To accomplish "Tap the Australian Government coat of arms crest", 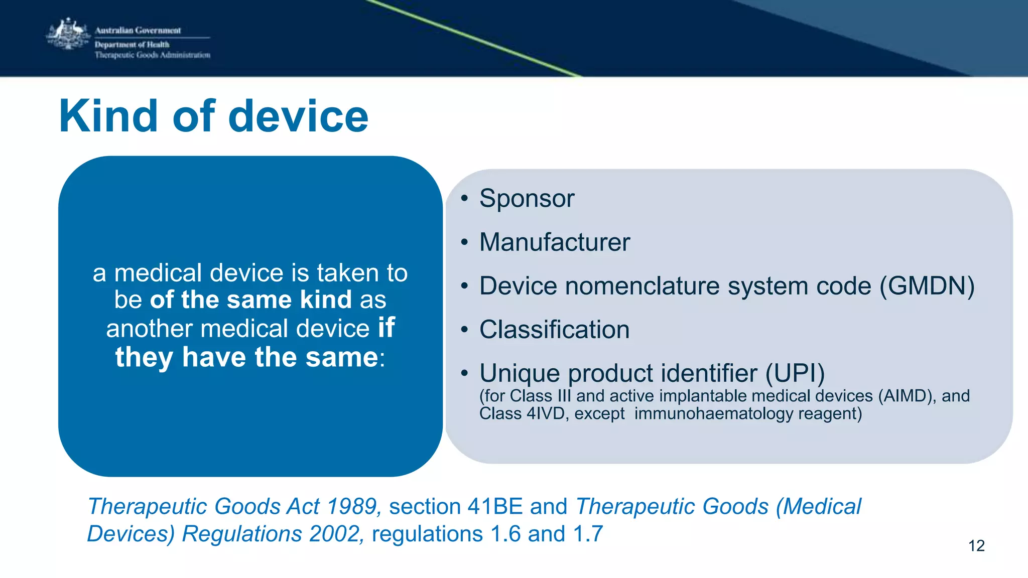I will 68,34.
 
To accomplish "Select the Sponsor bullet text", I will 527,198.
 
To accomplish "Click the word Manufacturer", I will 554,242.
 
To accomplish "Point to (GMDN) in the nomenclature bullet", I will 927,286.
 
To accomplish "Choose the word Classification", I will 554,330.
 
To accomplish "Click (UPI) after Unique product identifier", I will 795,373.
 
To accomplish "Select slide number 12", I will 976,546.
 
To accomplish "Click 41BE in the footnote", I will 495,506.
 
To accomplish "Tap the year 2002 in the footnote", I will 335,534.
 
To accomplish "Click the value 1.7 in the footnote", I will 588,534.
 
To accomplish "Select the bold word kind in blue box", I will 326,300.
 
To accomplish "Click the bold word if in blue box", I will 386,328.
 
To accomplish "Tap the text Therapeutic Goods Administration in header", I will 153,55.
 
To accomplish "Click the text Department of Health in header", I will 132,45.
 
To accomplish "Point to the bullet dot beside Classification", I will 464,330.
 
